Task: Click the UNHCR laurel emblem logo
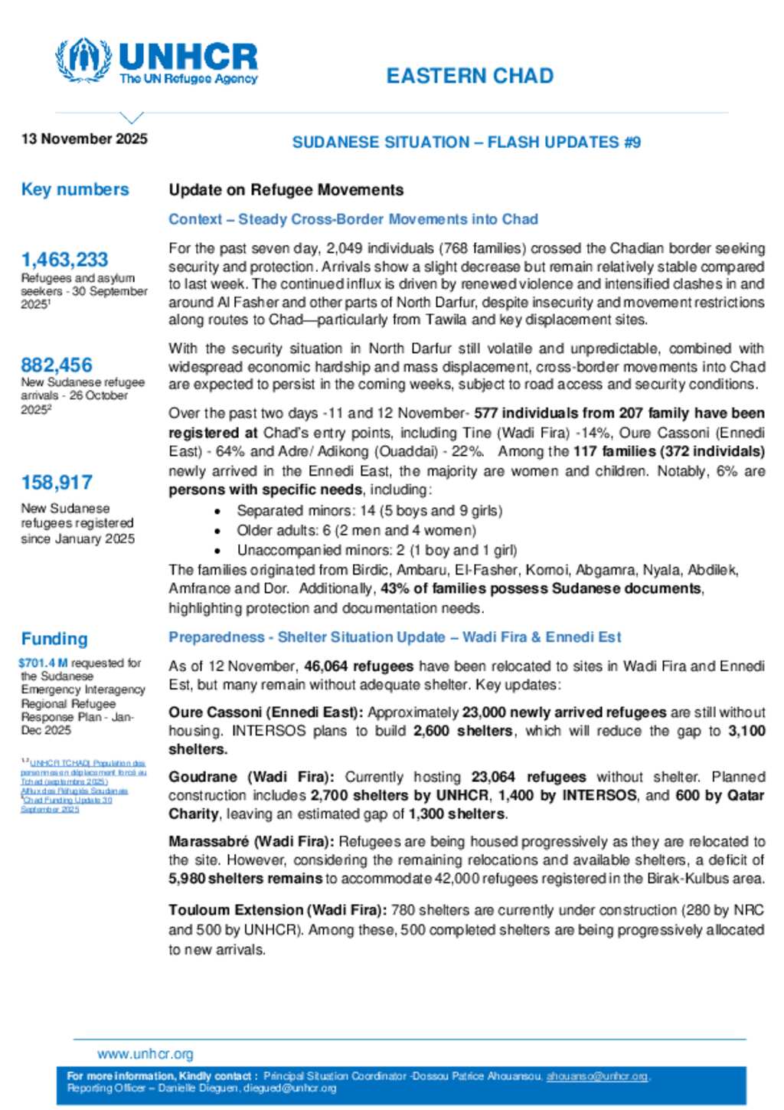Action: [x=83, y=60]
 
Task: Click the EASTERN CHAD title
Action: [x=469, y=76]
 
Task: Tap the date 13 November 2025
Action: [x=84, y=139]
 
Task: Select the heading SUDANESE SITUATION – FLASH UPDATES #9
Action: [x=466, y=142]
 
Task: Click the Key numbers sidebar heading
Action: [x=75, y=189]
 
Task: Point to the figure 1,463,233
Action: [x=64, y=260]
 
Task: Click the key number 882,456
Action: [x=57, y=365]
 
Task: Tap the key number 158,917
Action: [x=57, y=483]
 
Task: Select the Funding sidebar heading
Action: [x=54, y=639]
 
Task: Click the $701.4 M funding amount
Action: [x=43, y=663]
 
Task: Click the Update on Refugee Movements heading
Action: [x=286, y=190]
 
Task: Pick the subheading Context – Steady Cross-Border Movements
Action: [x=353, y=219]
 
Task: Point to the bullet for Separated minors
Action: [x=218, y=511]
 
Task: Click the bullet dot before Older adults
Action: [x=218, y=531]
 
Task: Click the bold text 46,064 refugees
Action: [x=358, y=666]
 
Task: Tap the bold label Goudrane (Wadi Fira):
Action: [x=251, y=777]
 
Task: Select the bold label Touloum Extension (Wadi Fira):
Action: [x=277, y=910]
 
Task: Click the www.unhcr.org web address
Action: [x=145, y=1054]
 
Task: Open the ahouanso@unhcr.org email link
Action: [x=597, y=1076]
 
